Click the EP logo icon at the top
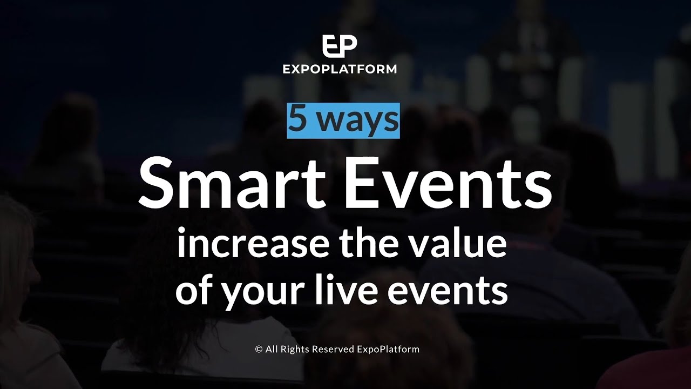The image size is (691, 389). coord(340,46)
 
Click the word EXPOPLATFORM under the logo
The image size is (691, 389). coord(340,69)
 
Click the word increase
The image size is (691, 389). coord(252,244)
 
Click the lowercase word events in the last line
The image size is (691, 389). coord(446,292)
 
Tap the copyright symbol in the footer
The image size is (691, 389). coord(259,350)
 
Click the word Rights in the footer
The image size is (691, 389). coord(293,350)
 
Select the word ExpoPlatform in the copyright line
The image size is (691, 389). coord(388,350)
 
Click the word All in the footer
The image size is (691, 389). coord(271,349)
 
